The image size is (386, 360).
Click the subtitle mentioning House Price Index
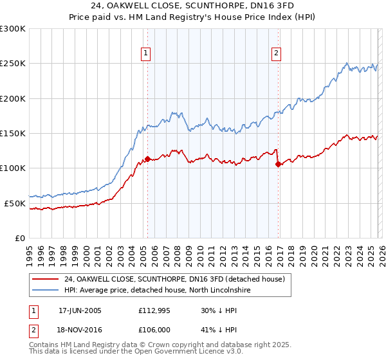[193, 18]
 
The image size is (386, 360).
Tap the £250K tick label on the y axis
[13, 64]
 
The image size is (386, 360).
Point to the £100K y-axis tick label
[13, 168]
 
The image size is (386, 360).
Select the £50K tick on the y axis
[15, 203]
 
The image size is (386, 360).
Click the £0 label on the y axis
[21, 238]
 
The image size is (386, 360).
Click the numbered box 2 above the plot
[277, 53]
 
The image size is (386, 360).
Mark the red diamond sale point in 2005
[147, 159]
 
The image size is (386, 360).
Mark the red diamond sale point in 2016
[278, 164]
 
